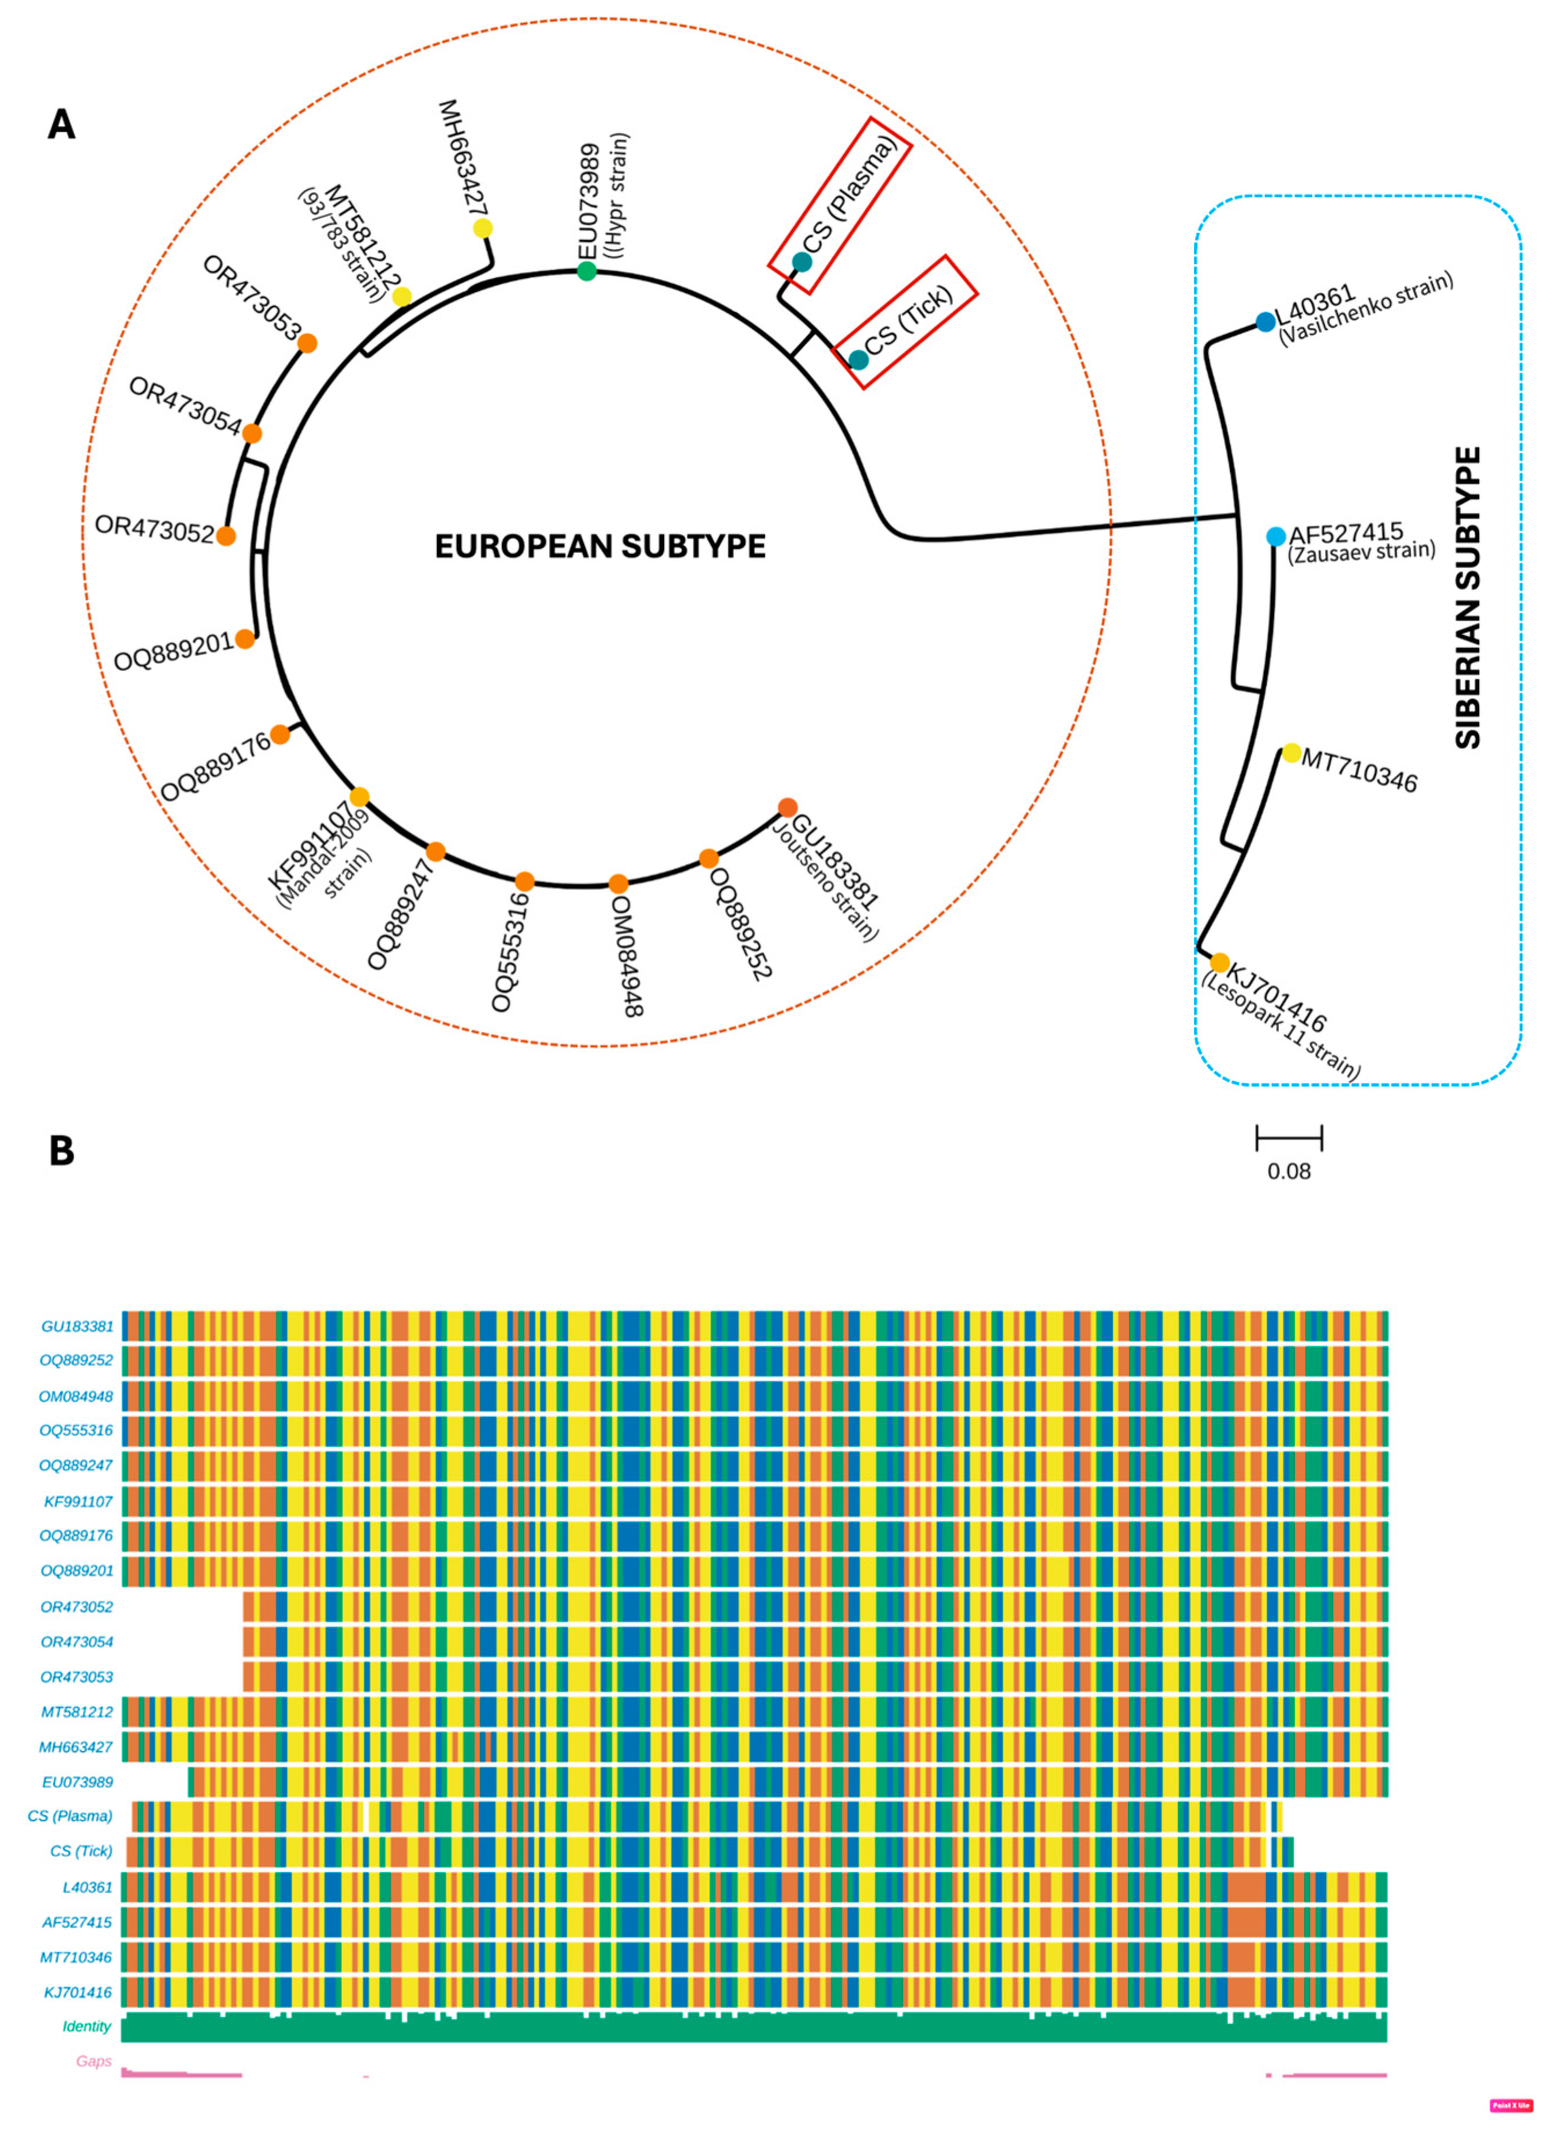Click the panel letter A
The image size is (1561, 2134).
click(61, 124)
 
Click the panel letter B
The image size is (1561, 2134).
click(61, 1151)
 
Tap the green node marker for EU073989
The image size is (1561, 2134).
click(587, 271)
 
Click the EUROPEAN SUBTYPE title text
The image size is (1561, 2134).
click(600, 546)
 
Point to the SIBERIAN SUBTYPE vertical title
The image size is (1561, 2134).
click(1468, 598)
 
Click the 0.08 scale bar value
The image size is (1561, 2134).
click(1289, 1172)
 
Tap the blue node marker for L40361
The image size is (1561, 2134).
click(1265, 322)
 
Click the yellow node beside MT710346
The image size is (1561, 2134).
click(1291, 753)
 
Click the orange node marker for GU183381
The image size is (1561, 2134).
click(787, 807)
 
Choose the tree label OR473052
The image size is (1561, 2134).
click(154, 530)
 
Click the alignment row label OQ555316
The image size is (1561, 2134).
click(75, 1430)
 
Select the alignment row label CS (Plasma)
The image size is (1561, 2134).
click(70, 1816)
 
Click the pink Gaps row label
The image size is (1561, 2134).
click(93, 2061)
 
